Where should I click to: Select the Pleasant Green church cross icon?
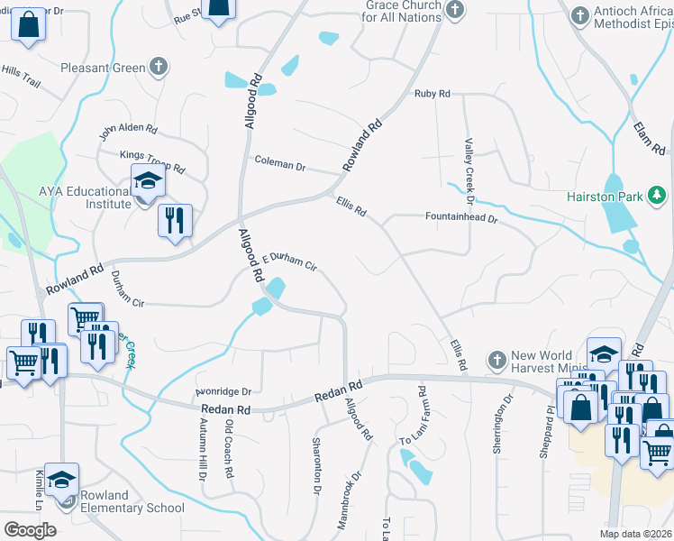(159, 67)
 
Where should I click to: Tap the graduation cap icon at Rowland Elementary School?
(61, 480)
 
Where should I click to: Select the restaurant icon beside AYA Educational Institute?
(174, 220)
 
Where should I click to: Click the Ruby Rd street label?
(432, 94)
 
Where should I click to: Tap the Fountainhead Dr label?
(461, 216)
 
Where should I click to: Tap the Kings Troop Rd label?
(152, 161)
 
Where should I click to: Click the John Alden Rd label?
(128, 133)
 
